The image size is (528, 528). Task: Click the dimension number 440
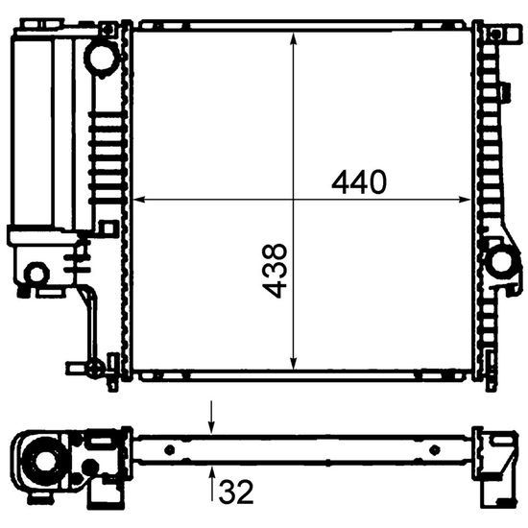(359, 181)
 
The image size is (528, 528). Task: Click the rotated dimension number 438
(275, 271)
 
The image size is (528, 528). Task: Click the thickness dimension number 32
(236, 492)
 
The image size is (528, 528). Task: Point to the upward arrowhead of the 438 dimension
(294, 38)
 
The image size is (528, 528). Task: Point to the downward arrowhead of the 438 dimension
(294, 363)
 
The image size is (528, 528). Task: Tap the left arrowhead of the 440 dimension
(139, 200)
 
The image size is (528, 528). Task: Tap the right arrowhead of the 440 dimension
(465, 200)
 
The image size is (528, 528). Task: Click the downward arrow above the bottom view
(211, 417)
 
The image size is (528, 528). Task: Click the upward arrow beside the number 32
(212, 483)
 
